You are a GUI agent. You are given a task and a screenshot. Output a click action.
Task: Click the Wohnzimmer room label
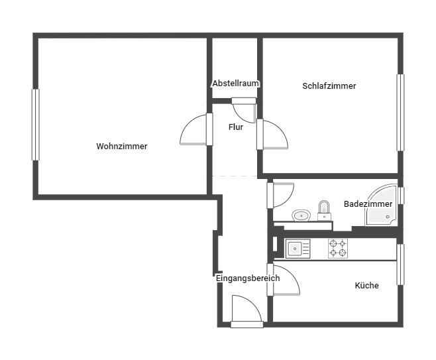(x=122, y=147)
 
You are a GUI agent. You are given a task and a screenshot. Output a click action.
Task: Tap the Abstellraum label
(x=236, y=83)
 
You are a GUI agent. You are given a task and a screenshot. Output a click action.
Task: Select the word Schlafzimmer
(x=329, y=86)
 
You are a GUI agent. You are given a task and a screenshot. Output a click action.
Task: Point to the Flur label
(x=236, y=127)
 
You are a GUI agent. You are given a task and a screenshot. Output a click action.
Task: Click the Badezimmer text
(x=368, y=204)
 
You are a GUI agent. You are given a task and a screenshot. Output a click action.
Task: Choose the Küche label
(x=367, y=286)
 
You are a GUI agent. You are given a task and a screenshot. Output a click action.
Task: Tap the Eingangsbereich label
(x=248, y=278)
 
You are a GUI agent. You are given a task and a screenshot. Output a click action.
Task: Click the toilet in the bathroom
(x=324, y=211)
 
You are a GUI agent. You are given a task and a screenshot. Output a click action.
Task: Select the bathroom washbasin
(x=301, y=215)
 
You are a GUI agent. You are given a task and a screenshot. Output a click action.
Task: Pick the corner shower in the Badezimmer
(x=381, y=205)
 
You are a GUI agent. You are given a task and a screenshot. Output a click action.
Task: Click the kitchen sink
(x=298, y=249)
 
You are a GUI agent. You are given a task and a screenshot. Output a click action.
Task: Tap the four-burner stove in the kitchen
(x=338, y=249)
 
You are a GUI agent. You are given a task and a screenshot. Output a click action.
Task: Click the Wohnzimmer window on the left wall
(x=36, y=125)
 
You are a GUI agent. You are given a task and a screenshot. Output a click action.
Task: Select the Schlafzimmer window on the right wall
(x=400, y=113)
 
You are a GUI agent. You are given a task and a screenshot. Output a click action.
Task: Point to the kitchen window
(x=400, y=265)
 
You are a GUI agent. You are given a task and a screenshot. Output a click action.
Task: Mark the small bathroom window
(x=401, y=196)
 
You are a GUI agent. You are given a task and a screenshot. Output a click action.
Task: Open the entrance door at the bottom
(x=246, y=312)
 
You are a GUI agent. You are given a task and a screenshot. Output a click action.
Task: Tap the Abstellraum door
(x=244, y=110)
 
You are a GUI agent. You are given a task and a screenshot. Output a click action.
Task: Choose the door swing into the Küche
(x=284, y=280)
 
